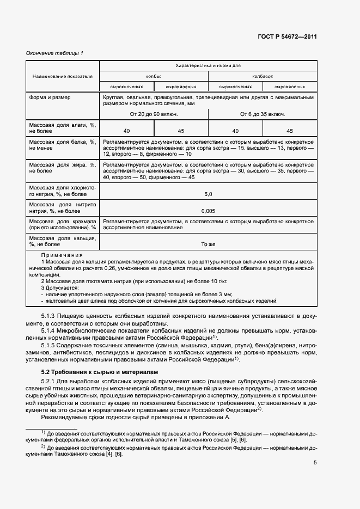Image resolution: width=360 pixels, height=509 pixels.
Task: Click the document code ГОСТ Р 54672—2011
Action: pyautogui.click(x=287, y=37)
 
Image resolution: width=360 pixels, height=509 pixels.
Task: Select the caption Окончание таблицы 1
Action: pyautogui.click(x=55, y=53)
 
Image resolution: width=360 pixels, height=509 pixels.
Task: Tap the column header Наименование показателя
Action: pyautogui.click(x=62, y=76)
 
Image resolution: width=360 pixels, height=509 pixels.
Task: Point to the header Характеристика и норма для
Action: pyautogui.click(x=208, y=65)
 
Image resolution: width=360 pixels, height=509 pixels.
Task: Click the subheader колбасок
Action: pyautogui.click(x=262, y=77)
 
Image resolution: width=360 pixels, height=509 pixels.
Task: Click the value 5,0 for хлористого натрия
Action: pyautogui.click(x=208, y=194)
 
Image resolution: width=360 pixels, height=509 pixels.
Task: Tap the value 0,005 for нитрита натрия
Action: pyautogui.click(x=208, y=210)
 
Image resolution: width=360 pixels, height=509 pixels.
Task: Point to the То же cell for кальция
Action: pyautogui.click(x=208, y=244)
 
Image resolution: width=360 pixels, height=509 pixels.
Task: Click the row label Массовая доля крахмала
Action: pyautogui.click(x=62, y=224)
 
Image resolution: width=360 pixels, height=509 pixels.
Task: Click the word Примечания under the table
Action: pyautogui.click(x=62, y=255)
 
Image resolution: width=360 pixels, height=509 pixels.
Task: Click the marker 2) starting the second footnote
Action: pyautogui.click(x=43, y=446)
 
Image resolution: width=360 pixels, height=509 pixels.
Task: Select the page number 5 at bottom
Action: pyautogui.click(x=315, y=463)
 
